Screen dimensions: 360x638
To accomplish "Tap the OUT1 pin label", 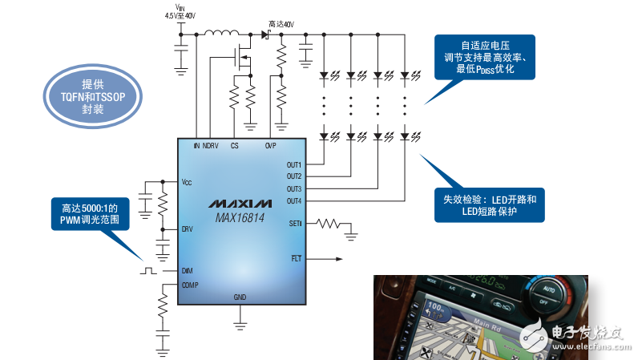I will click(x=293, y=164).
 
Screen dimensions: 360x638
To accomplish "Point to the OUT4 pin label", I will click(x=293, y=200).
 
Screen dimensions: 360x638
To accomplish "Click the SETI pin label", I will click(x=295, y=224).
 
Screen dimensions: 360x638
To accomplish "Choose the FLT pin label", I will click(x=296, y=258).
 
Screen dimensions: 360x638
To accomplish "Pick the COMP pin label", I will click(x=190, y=285).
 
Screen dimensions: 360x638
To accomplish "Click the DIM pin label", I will click(x=187, y=271).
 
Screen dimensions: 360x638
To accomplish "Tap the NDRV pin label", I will click(x=211, y=146).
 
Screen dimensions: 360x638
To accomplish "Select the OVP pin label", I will click(x=271, y=146).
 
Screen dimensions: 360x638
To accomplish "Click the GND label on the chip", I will click(x=240, y=297).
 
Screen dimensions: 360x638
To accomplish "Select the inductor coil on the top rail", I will click(x=220, y=34).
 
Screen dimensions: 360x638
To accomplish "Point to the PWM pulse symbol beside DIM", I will click(x=148, y=270).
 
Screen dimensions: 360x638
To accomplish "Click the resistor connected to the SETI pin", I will click(x=329, y=224).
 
